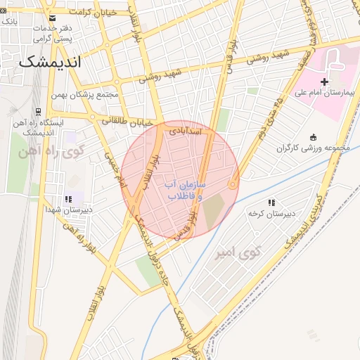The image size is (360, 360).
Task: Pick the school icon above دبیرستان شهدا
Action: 68,199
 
